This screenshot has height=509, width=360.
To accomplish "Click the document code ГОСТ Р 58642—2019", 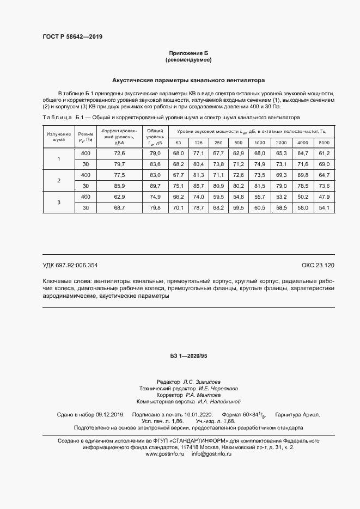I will point(72,37).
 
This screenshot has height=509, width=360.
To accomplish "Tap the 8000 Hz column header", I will point(324,143).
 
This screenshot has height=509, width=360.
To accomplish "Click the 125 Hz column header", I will point(198,143).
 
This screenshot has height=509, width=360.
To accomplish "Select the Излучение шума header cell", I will point(59,137).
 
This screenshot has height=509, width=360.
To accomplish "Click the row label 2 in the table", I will point(59,180).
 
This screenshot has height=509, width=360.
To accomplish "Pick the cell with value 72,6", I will point(120,154).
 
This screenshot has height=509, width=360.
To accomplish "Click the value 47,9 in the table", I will point(324,196).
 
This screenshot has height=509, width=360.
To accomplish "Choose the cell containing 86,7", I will point(198,185).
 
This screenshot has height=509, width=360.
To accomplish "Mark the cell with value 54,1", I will point(324,207).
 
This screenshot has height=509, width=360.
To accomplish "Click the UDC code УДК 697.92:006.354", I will point(70,265).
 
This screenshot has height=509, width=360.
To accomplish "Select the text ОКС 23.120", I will point(318,265).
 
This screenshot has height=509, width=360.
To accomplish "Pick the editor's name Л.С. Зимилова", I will point(202,382).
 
